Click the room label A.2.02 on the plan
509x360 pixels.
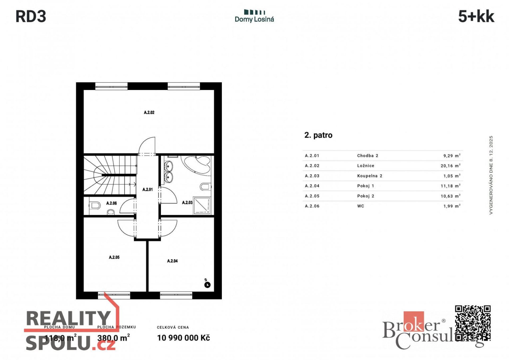[x=149, y=112]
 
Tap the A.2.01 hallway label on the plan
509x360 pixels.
[x=147, y=189]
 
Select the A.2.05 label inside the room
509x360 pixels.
[x=114, y=257]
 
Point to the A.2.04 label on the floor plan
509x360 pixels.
[x=172, y=261]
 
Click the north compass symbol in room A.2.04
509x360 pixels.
[x=207, y=285]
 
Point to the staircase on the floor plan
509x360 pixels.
[x=110, y=175]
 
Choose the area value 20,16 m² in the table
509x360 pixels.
[x=450, y=166]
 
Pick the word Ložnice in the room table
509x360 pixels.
[x=366, y=166]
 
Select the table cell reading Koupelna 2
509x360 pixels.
[x=370, y=176]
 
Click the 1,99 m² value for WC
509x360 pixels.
[x=452, y=206]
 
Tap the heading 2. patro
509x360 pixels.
[x=318, y=135]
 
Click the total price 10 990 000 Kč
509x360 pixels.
[x=183, y=338]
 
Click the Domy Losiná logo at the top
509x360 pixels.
[x=254, y=16]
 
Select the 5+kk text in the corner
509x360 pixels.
[x=476, y=16]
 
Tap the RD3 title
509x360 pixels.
[x=31, y=16]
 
